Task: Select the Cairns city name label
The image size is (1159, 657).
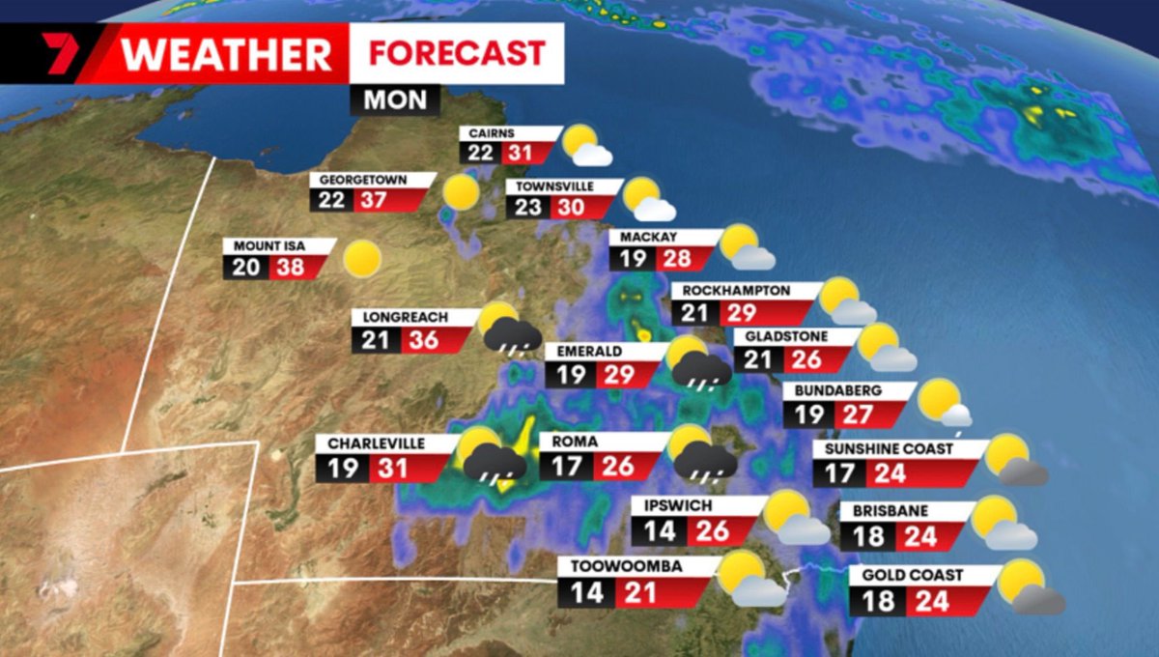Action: tap(493, 133)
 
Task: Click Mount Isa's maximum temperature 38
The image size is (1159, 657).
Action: tap(289, 266)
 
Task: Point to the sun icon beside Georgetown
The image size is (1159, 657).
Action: tap(461, 191)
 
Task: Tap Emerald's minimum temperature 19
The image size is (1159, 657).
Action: tap(572, 374)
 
